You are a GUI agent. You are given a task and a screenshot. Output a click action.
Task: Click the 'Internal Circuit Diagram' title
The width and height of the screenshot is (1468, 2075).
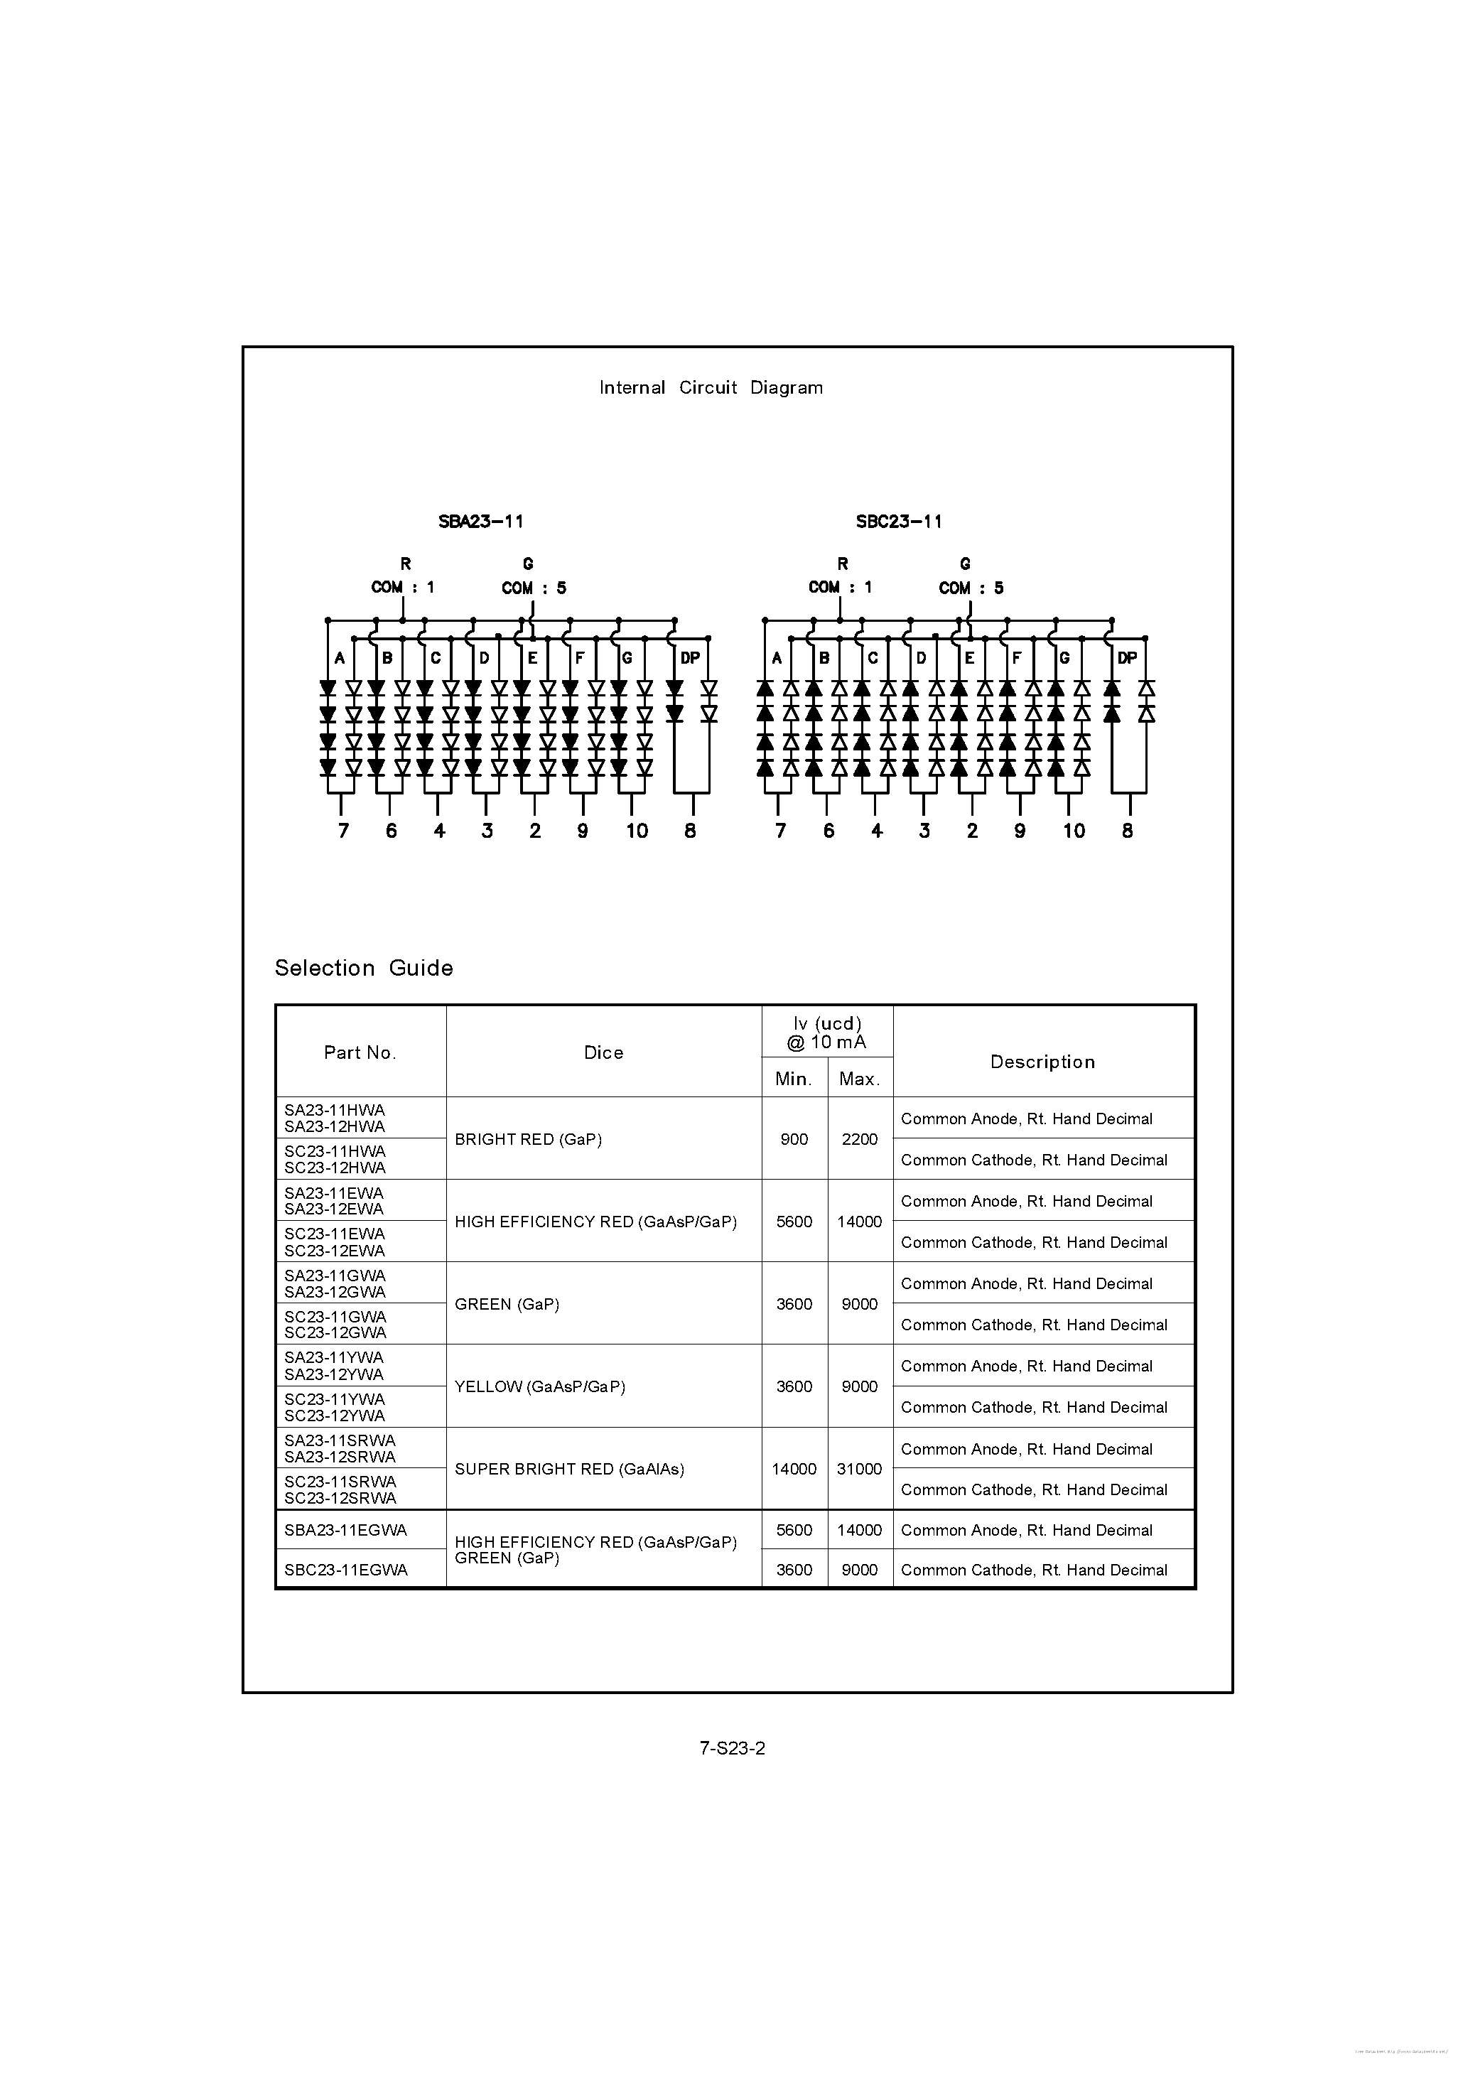[711, 388]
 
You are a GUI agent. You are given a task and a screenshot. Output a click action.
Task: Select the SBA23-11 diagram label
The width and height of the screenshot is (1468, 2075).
[481, 522]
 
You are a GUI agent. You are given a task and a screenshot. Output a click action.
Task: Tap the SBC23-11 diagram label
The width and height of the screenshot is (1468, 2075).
[899, 522]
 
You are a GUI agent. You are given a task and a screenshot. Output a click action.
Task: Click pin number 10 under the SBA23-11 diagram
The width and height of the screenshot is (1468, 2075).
[637, 831]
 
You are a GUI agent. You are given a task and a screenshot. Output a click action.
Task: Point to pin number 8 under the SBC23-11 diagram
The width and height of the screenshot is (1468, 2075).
[1127, 831]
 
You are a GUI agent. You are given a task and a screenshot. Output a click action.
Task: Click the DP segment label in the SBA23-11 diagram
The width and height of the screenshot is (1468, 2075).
[690, 658]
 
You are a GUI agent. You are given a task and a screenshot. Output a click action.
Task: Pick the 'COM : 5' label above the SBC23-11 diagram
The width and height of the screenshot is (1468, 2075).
[971, 588]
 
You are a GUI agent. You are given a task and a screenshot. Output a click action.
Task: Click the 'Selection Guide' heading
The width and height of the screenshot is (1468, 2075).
[363, 968]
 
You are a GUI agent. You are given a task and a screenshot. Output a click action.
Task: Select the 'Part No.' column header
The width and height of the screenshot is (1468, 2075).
[360, 1052]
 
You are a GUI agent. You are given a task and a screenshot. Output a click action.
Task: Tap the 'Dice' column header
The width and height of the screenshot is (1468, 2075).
[603, 1052]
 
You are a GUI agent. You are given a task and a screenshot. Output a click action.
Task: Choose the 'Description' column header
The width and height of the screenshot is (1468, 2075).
[1042, 1062]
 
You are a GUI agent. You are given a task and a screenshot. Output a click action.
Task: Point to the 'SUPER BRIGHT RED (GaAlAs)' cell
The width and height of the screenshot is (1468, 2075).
[568, 1469]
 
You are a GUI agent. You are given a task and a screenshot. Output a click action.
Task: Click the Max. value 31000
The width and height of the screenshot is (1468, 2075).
[859, 1469]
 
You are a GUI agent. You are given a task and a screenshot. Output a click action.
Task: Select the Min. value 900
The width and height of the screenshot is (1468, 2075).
[794, 1140]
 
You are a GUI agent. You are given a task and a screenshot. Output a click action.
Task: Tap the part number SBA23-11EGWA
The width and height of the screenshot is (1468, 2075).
[345, 1530]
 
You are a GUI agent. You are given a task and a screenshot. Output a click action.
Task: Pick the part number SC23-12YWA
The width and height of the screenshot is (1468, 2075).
[335, 1416]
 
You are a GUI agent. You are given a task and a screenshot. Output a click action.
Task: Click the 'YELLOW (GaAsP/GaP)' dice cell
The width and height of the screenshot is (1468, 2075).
[539, 1386]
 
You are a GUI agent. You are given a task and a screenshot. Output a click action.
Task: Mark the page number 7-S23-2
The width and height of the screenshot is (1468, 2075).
[732, 1748]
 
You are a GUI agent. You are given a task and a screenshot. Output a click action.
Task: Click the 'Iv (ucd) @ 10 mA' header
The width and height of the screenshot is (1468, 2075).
[826, 1032]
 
